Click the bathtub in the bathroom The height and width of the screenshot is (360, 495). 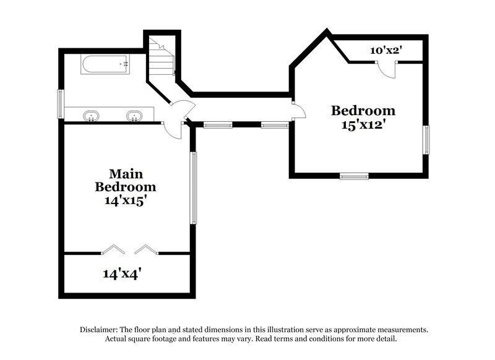point(105,64)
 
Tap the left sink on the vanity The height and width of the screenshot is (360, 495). point(92,115)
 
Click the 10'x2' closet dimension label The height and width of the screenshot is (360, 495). point(387,51)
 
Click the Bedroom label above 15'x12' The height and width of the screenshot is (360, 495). point(363,111)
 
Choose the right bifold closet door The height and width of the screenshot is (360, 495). point(146,249)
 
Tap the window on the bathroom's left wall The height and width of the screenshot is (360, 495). point(61,103)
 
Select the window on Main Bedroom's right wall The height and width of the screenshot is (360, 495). point(193,188)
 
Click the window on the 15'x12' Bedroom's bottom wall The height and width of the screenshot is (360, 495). point(354,176)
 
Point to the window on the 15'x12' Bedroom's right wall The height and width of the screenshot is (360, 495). point(426,139)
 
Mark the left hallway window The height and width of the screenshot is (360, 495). point(218,125)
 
